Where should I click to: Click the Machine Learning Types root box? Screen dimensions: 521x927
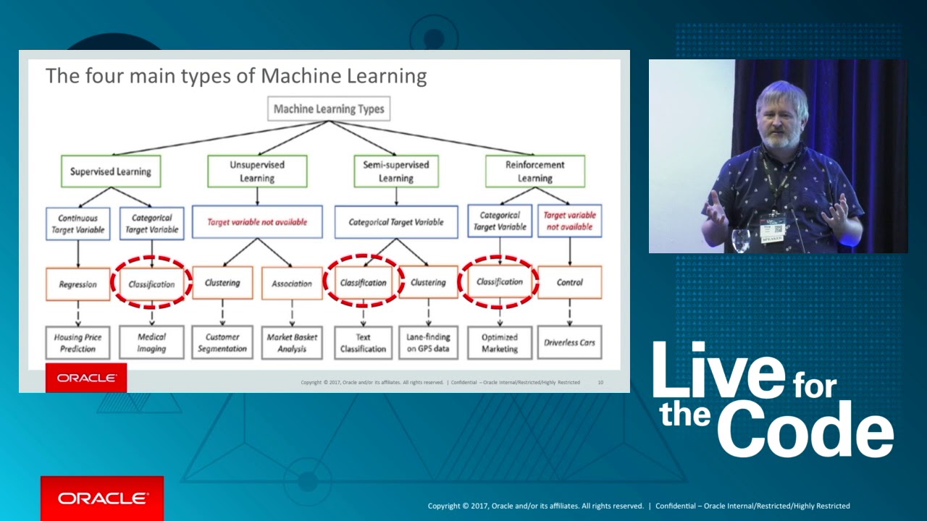(330, 109)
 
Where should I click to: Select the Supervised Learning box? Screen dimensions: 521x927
(111, 171)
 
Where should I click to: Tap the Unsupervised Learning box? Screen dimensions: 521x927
(257, 171)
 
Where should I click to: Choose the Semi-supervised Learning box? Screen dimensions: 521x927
(395, 171)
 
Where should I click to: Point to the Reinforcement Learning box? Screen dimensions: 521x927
(534, 171)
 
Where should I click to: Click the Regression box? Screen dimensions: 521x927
(77, 284)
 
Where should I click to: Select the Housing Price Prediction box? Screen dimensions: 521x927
(77, 342)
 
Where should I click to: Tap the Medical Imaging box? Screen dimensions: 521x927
(151, 342)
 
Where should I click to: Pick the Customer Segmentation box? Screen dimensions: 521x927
(222, 342)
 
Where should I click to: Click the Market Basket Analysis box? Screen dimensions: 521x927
(292, 342)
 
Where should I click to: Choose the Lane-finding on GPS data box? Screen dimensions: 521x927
(428, 342)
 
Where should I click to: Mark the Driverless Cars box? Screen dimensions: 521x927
(569, 342)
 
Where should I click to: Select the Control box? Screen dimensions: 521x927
(569, 282)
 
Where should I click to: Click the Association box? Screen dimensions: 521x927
(292, 284)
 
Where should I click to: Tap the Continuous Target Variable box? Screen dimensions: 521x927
(77, 224)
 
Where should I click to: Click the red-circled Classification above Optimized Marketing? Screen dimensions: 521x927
(499, 281)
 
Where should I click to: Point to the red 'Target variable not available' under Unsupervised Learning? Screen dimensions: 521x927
(257, 222)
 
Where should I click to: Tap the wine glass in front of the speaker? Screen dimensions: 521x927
(740, 240)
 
